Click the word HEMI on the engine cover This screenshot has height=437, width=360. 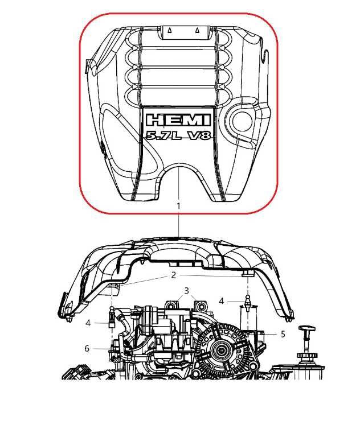tap(178, 120)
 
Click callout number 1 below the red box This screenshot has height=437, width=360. tap(178, 205)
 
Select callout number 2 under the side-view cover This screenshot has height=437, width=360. tap(174, 275)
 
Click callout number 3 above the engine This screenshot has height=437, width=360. tap(186, 291)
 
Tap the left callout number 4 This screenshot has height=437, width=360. tap(88, 323)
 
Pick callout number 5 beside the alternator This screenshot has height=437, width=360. tap(283, 334)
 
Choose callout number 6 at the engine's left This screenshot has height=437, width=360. tap(87, 348)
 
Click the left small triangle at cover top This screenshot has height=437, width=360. tap(169, 31)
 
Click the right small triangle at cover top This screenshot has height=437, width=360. tap(197, 31)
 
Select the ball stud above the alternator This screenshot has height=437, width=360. tap(248, 301)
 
